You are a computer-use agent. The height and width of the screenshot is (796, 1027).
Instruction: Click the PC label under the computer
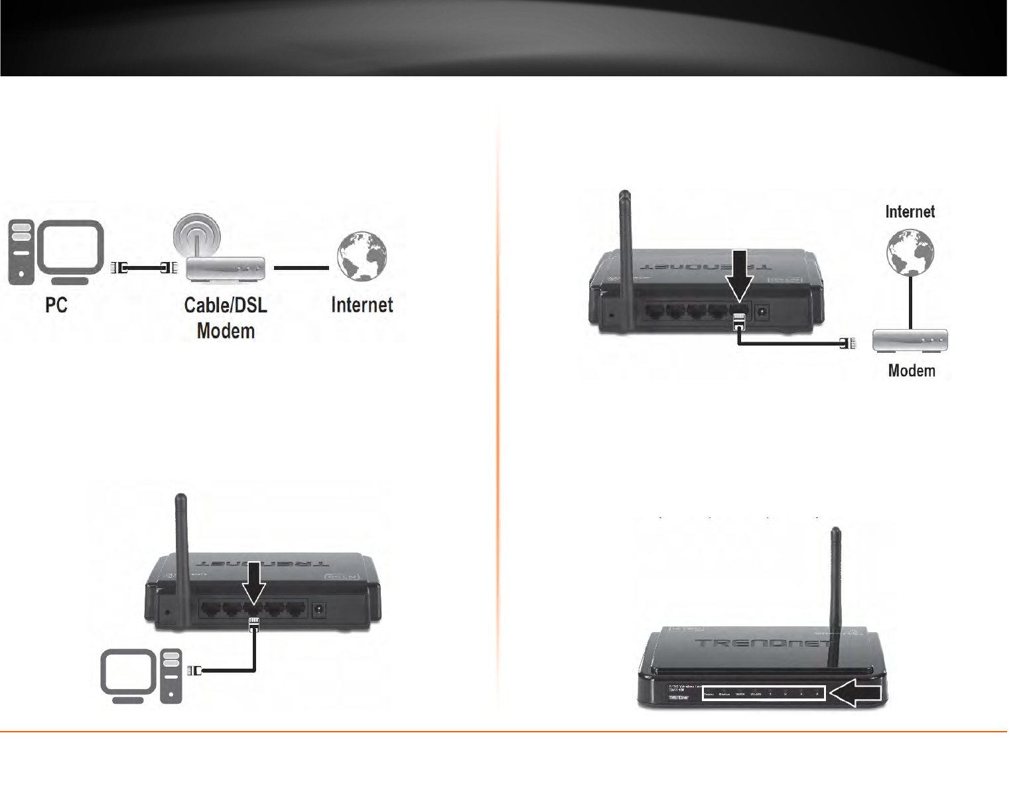[x=56, y=305]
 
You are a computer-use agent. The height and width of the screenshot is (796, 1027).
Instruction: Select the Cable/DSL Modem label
[x=226, y=317]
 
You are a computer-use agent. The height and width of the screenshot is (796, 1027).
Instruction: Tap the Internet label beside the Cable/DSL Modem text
[x=362, y=305]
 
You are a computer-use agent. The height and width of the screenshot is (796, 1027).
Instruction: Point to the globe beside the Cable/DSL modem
[x=361, y=255]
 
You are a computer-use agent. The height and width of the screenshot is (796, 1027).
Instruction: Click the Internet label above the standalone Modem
[x=910, y=212]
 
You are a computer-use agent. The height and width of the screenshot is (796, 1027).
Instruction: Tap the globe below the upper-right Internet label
[x=910, y=253]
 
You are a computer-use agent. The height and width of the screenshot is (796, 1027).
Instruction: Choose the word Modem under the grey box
[x=912, y=371]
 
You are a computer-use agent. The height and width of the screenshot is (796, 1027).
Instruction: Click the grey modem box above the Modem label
[x=910, y=340]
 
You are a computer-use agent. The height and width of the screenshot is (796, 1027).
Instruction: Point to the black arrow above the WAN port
[x=739, y=275]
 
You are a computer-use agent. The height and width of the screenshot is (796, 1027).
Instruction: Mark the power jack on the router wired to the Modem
[x=763, y=311]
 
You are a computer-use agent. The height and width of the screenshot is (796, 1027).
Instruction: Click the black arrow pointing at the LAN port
[x=253, y=582]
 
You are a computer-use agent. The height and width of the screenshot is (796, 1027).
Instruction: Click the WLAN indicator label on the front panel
[x=755, y=695]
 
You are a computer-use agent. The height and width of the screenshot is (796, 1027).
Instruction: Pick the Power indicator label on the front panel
[x=707, y=695]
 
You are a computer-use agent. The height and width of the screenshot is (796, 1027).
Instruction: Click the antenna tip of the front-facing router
[x=836, y=531]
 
